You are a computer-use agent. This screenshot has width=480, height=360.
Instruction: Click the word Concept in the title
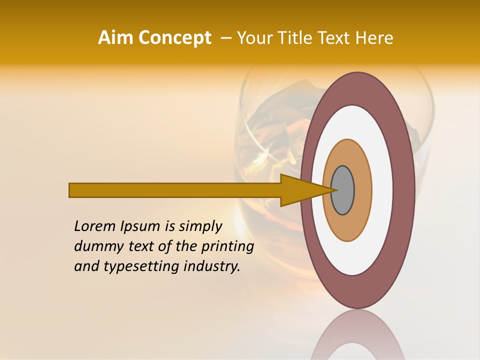coord(174,38)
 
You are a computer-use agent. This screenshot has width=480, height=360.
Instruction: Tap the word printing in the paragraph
coord(227,246)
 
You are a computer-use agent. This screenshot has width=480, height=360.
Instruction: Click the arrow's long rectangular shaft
coord(175,190)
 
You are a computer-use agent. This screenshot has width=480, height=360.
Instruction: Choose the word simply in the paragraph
coord(200,226)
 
